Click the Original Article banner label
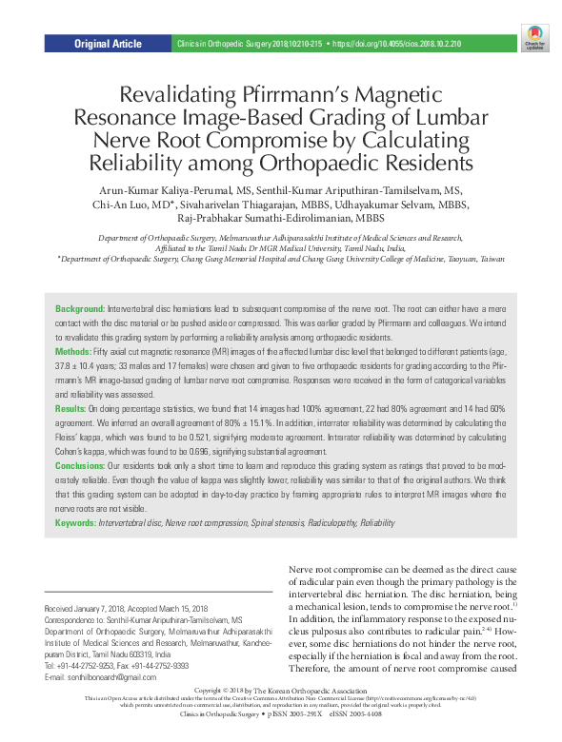(x=108, y=44)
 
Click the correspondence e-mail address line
(x=104, y=676)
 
